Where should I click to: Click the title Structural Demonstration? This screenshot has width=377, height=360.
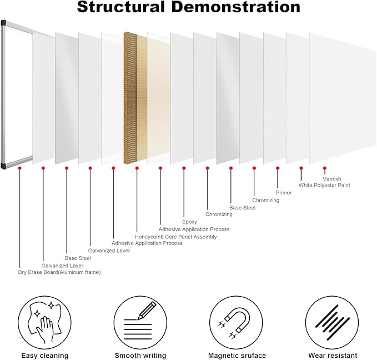click(x=189, y=7)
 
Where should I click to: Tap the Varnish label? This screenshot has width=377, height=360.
click(x=332, y=179)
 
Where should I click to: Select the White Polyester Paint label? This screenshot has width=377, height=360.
click(x=324, y=186)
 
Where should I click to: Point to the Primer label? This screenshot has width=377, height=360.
click(x=284, y=193)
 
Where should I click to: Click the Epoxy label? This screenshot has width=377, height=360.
click(x=189, y=222)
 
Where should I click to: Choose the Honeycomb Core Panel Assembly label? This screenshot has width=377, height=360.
click(x=176, y=237)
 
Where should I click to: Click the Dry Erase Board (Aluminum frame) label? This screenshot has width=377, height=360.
click(x=59, y=272)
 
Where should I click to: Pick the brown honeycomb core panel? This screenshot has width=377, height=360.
click(x=130, y=98)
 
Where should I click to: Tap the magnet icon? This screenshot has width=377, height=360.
click(x=236, y=322)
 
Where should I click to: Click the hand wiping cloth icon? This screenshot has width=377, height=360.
click(x=44, y=322)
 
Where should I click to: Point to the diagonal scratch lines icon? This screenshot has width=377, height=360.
click(x=332, y=322)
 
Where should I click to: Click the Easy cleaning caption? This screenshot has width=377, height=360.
click(x=45, y=356)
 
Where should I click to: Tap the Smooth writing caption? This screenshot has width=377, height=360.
click(x=140, y=356)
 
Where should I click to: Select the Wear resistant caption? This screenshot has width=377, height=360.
click(x=333, y=356)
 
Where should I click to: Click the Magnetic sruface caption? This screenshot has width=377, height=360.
click(x=237, y=356)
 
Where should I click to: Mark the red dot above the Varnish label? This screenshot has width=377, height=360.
click(x=325, y=168)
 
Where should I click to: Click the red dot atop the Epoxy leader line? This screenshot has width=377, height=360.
click(x=184, y=168)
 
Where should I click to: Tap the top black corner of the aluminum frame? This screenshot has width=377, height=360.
click(x=3, y=23)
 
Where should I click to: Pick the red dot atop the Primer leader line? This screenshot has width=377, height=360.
click(x=278, y=168)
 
